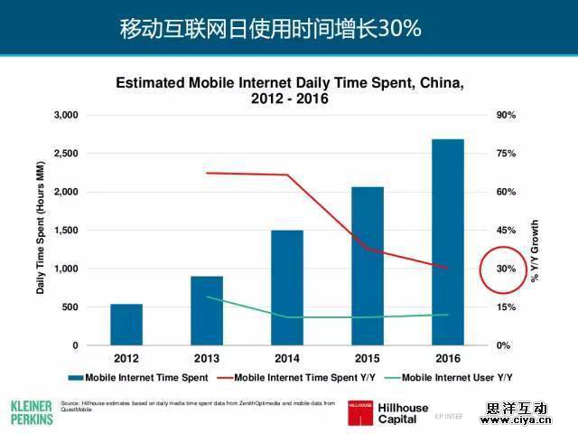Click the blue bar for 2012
[x=126, y=325]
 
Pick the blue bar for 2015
[x=368, y=266]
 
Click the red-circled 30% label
[x=504, y=269]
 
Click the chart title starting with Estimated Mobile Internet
[x=290, y=90]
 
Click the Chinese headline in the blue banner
[x=271, y=28]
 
